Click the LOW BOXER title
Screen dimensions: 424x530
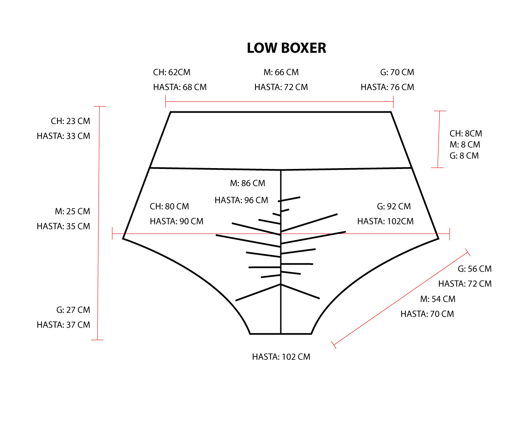point(286,48)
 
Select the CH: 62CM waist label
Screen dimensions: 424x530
point(171,72)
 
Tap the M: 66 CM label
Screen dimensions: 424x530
point(281,72)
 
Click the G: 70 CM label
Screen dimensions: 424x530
point(397,72)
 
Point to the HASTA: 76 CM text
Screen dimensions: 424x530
point(387,87)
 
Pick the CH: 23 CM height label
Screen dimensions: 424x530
point(70,121)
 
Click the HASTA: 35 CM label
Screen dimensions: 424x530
point(63,226)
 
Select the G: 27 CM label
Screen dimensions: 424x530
point(73,310)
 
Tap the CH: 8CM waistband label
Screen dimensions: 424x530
point(465,134)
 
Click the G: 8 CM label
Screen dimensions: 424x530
point(464,156)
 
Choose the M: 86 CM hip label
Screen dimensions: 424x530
point(247,183)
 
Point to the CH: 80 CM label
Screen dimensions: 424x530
point(169,207)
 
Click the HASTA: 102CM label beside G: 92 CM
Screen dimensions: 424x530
point(385,222)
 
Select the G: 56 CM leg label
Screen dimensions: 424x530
point(474,269)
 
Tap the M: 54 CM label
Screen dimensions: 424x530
point(437,299)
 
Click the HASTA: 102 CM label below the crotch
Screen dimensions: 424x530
point(281,357)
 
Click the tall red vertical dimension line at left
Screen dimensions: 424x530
point(99,224)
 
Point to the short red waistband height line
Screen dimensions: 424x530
point(438,140)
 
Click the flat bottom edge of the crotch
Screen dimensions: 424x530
point(281,334)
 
